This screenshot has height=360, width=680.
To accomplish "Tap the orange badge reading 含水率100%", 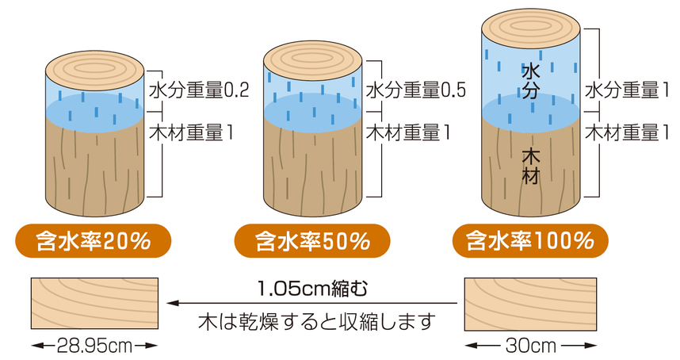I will [x=530, y=239].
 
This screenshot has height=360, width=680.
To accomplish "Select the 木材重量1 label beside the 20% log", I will [x=192, y=131].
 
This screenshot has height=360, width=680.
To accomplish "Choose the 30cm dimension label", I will [x=530, y=346].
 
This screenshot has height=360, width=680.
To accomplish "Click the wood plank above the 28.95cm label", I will [x=94, y=303].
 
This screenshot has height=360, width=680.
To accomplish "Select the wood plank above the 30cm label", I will [x=530, y=303].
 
